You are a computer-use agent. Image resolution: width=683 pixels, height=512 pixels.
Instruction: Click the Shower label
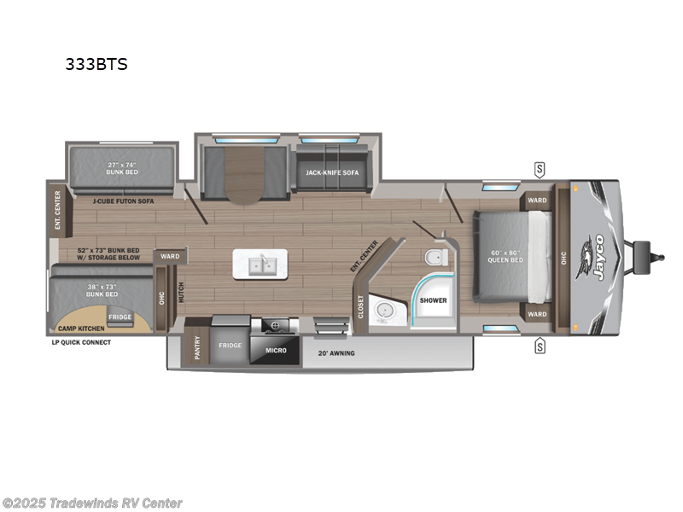point(433,300)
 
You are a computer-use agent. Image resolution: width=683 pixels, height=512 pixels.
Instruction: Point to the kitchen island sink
point(262,265)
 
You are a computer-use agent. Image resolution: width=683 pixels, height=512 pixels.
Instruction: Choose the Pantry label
point(197,346)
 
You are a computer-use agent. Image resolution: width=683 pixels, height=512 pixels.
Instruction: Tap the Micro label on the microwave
point(275,351)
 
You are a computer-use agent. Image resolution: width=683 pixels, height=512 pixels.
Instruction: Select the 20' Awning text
point(336,352)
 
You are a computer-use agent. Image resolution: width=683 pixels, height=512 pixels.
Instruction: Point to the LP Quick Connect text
point(81,342)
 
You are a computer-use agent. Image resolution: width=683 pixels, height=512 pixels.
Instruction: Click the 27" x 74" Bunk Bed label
point(122,168)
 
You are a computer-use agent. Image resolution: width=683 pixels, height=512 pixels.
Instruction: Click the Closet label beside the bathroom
point(360,305)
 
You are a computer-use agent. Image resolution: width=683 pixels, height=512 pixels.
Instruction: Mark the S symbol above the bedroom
point(540,167)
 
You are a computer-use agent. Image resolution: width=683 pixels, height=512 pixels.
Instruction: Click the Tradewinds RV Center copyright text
point(92,503)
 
